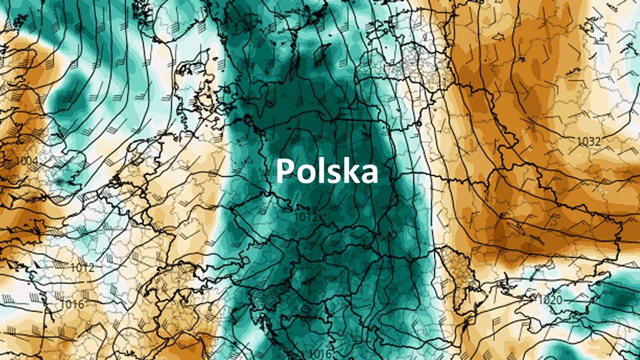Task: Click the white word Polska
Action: click(326, 171)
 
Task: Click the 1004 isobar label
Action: click(27, 161)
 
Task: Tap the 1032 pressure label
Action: click(589, 142)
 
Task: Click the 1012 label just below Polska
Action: click(306, 217)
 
